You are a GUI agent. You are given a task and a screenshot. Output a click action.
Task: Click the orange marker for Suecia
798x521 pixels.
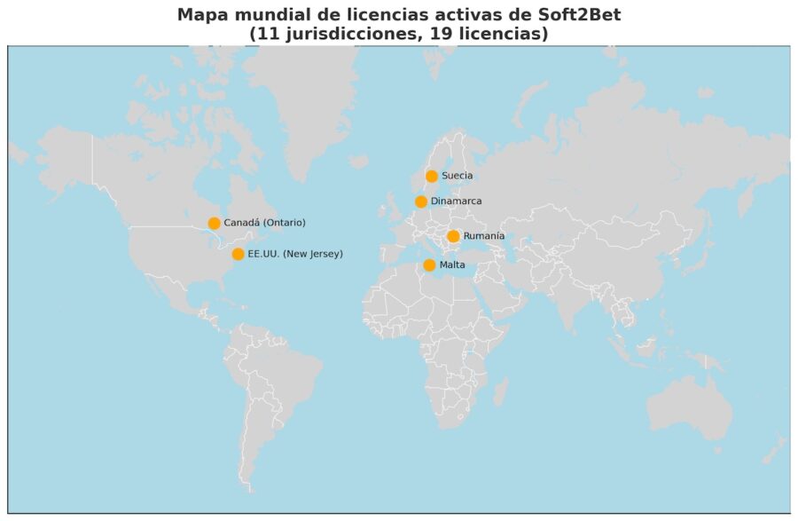coord(432,176)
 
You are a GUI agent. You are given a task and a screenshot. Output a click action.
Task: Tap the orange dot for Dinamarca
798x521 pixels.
coord(421,201)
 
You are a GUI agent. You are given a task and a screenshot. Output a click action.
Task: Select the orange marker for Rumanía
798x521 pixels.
coord(453,236)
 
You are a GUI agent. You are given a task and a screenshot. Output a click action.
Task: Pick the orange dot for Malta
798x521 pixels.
coord(429,264)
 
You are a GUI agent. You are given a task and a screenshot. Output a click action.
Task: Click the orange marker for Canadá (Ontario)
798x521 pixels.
coord(214,223)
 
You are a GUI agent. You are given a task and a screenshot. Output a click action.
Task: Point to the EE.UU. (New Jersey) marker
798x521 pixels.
coord(238,254)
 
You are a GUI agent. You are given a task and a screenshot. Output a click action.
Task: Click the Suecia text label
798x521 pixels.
coord(457,176)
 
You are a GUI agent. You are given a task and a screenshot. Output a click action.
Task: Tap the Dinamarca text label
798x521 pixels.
coord(456,201)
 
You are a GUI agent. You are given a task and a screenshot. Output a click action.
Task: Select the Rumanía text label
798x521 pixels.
coord(483,236)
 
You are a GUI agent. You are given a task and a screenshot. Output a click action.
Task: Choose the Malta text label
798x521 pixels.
coord(452,264)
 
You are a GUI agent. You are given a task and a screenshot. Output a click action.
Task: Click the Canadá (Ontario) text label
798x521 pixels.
coord(264,223)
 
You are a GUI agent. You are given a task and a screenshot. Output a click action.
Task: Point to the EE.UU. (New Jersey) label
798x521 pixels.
coord(294,254)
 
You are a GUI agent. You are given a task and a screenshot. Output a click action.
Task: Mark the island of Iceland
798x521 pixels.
coord(358,162)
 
